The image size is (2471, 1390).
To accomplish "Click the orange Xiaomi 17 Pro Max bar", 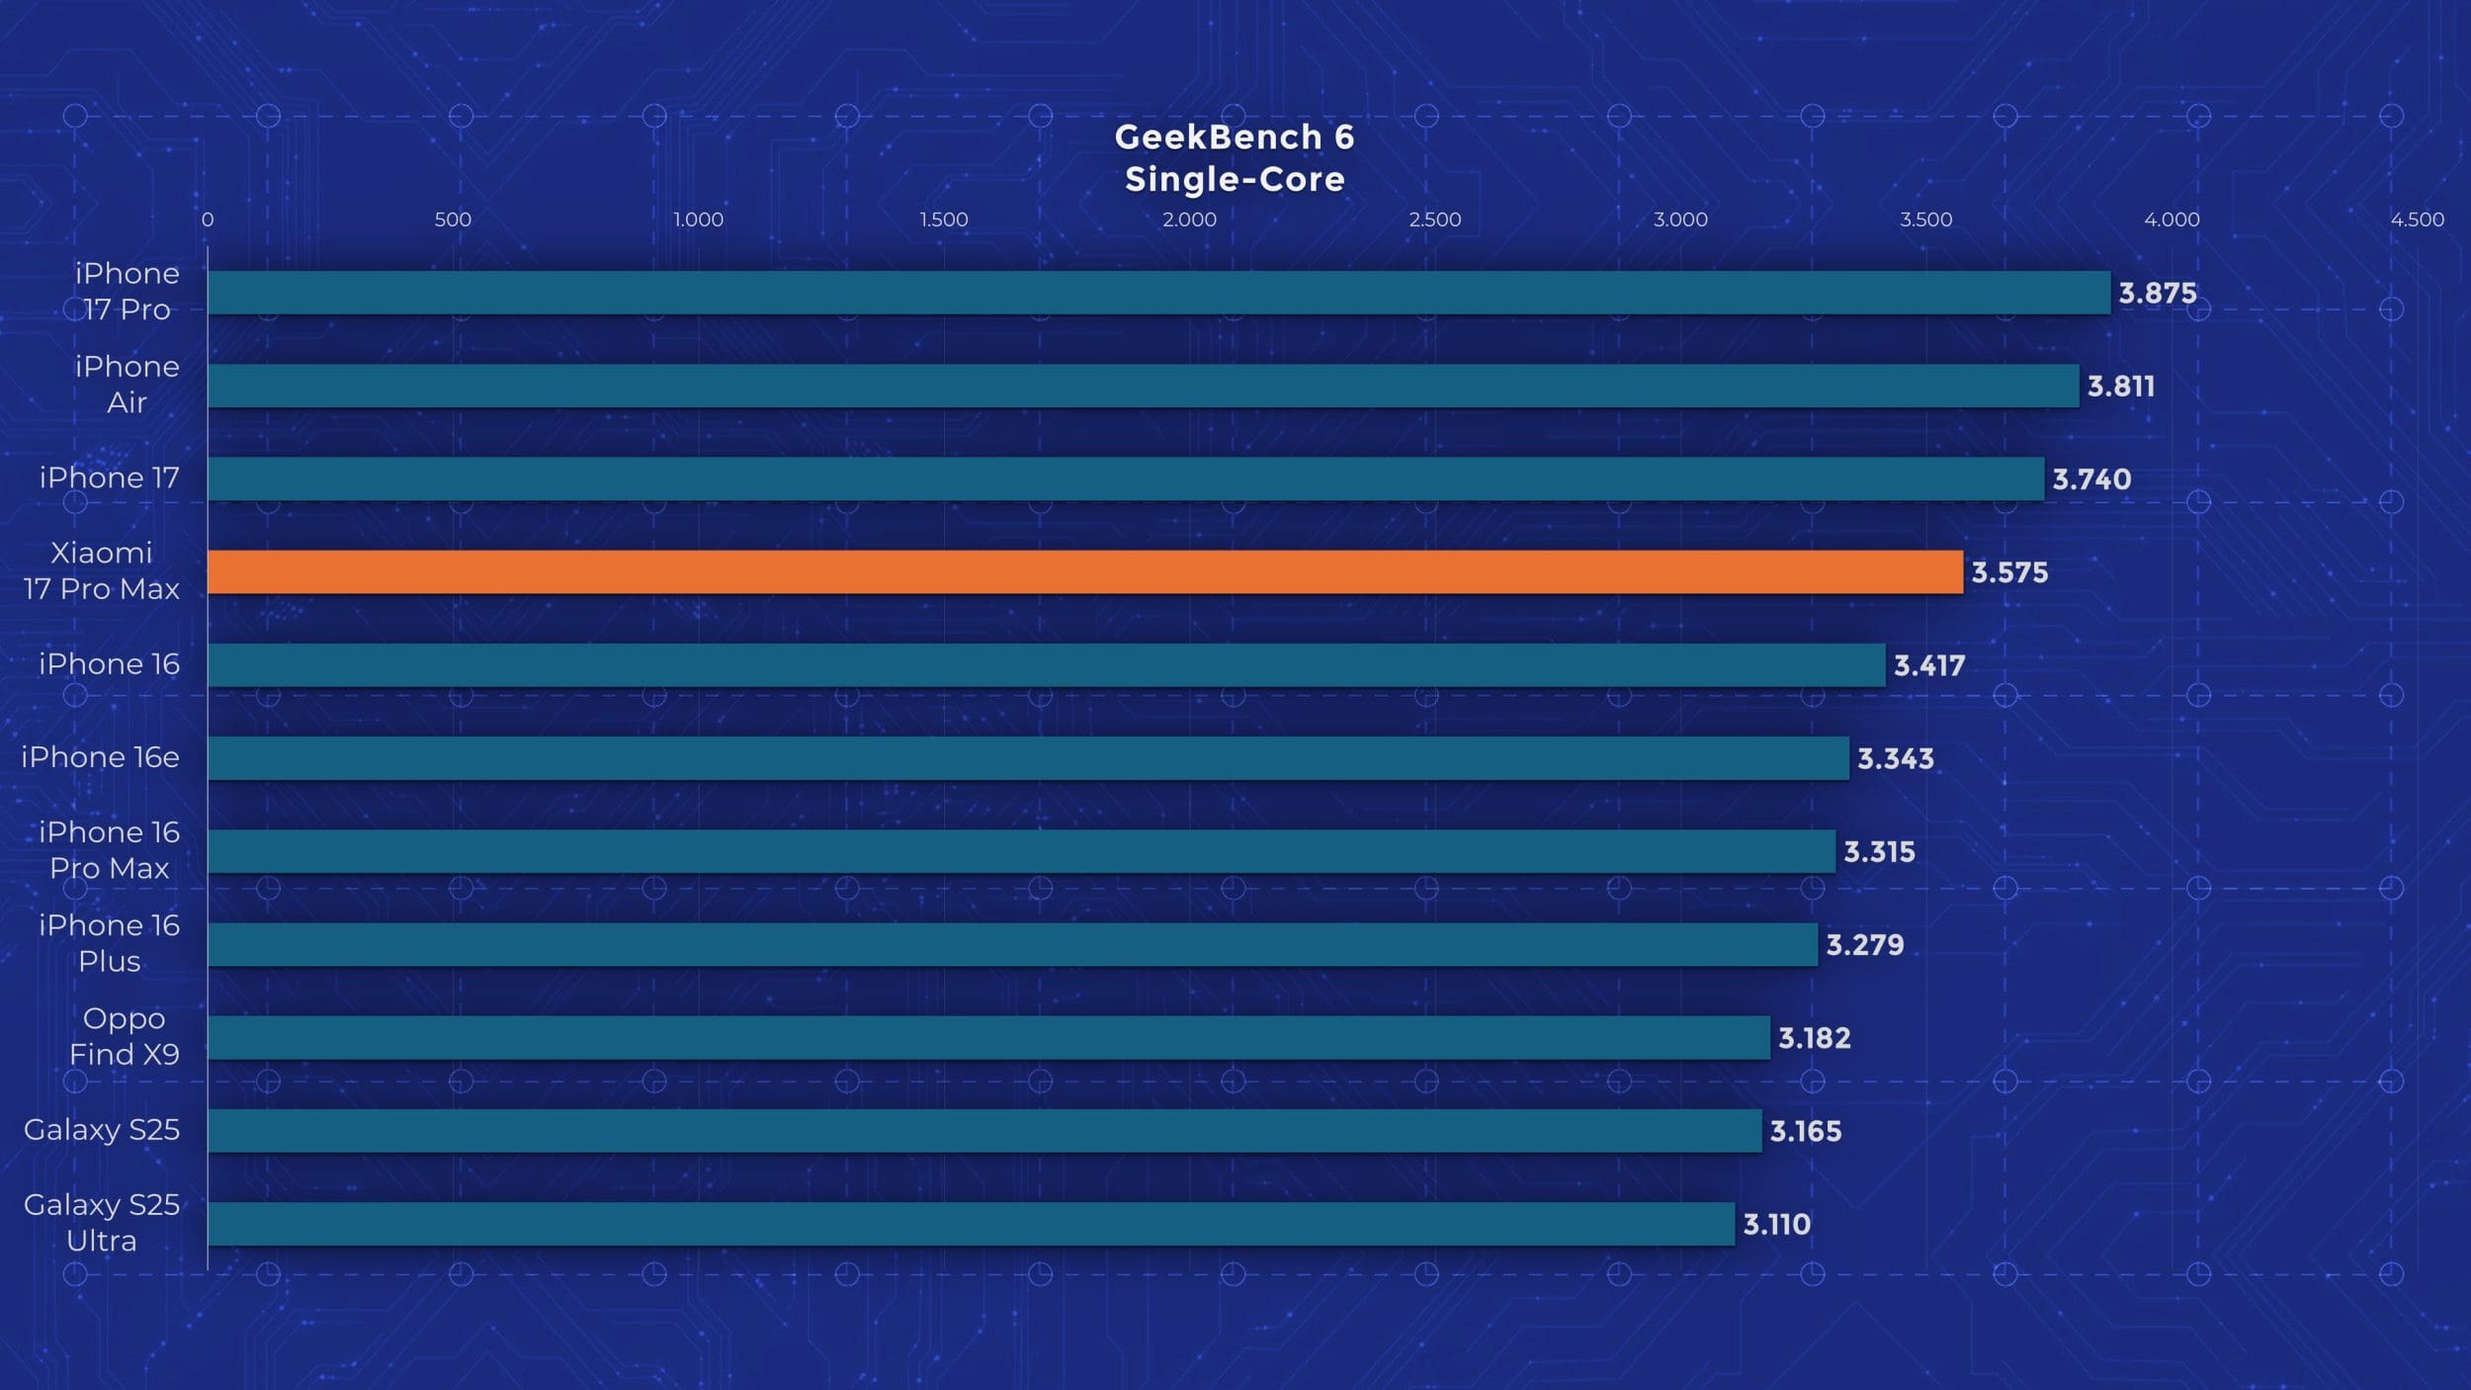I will (1084, 572).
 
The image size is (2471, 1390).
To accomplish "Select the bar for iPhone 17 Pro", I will (1158, 293).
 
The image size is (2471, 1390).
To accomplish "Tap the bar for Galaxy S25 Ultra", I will (971, 1224).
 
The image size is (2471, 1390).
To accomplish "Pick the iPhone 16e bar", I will (1028, 758).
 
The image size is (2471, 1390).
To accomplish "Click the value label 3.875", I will (2157, 294).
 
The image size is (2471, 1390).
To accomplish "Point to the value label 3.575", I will (2009, 572).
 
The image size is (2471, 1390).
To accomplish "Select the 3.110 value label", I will (1776, 1225).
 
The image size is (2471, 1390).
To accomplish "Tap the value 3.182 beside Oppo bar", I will (1814, 1038).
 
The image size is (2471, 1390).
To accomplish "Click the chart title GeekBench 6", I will (1235, 137).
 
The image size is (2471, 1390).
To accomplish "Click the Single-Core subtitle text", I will (1235, 180).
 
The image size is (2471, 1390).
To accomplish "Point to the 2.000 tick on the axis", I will (1189, 219).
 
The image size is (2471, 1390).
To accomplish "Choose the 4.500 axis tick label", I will (2417, 219).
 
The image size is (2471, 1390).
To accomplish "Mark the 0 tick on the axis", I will (208, 219).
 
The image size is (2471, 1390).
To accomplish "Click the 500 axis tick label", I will (453, 219).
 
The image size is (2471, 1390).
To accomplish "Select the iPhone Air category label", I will (128, 385).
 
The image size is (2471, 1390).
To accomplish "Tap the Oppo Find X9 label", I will (125, 1036).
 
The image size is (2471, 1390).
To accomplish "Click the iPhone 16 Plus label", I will (110, 943).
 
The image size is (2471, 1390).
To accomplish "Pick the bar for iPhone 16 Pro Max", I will (1021, 851).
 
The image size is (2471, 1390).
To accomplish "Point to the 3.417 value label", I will (1928, 665).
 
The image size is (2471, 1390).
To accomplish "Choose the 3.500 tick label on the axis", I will (1925, 219).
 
